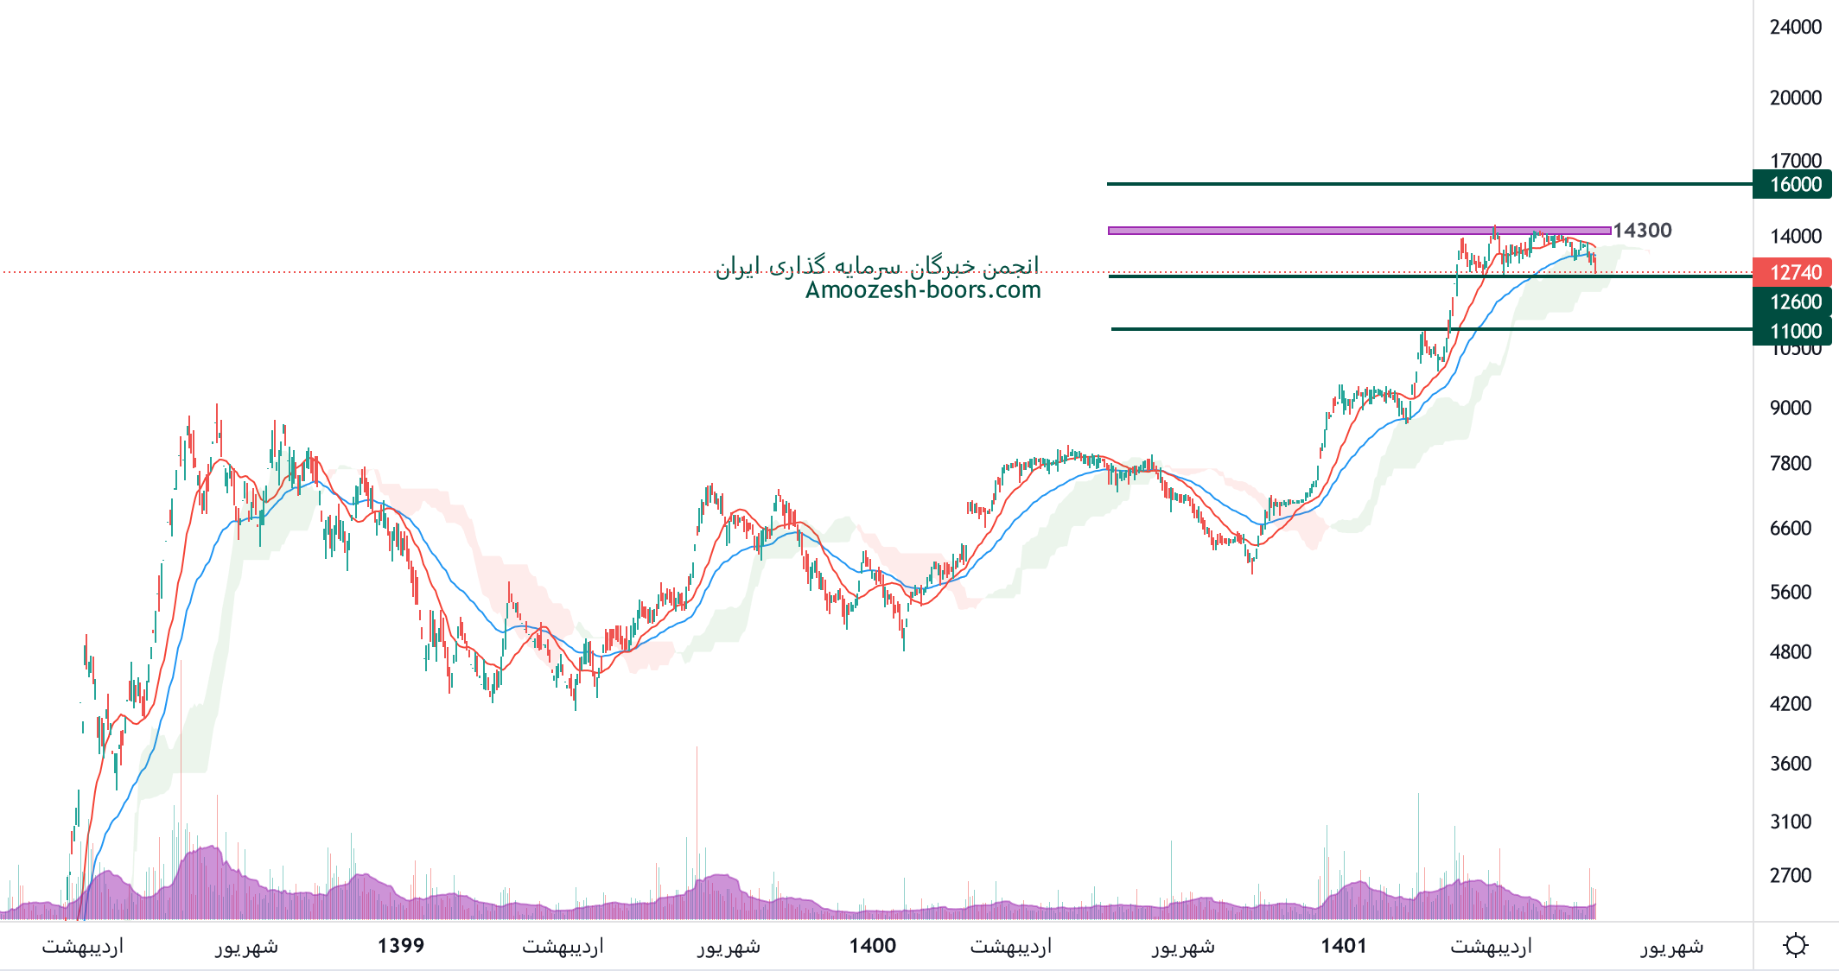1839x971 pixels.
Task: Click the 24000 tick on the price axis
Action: tap(1795, 28)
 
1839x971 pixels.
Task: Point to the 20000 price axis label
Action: tap(1795, 98)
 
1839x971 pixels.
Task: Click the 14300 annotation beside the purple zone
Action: tap(1642, 231)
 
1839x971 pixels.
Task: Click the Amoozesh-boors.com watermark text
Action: tap(922, 290)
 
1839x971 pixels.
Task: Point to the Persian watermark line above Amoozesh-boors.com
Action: tap(876, 266)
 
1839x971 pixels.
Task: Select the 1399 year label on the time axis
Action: tap(401, 946)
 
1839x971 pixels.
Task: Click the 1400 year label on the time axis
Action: tap(872, 946)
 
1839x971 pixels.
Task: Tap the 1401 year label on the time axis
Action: tap(1343, 946)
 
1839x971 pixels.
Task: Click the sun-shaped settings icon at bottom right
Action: tap(1795, 945)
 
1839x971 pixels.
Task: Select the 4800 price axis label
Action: tap(1790, 652)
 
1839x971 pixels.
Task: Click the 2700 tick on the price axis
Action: tap(1790, 876)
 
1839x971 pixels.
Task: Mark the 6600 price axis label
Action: tap(1790, 529)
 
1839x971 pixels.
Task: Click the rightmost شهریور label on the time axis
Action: tap(1672, 947)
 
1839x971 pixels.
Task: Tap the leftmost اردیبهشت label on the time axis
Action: tap(83, 947)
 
